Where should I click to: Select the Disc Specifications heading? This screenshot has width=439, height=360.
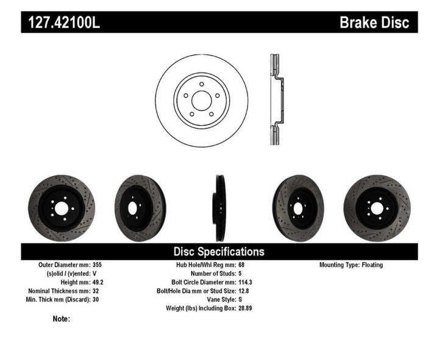click(x=219, y=251)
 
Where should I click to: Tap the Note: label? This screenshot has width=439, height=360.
click(x=62, y=319)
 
